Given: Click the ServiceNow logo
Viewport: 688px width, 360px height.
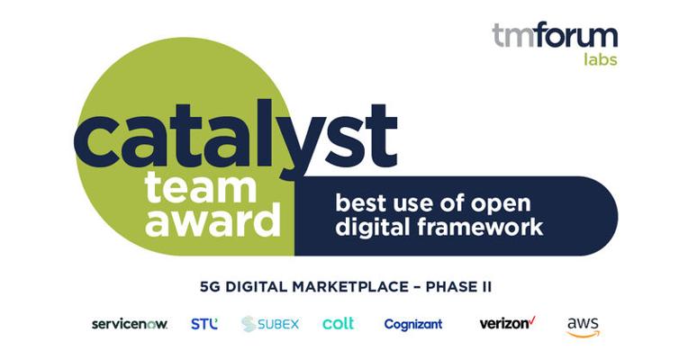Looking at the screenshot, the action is [x=130, y=324].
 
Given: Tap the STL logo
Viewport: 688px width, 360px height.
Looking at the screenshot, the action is [x=204, y=324].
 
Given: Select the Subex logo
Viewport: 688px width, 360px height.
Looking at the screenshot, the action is [x=270, y=324].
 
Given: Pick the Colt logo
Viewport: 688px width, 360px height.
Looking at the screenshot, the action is [x=338, y=324].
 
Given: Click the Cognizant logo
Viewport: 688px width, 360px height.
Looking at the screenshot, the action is [x=413, y=325].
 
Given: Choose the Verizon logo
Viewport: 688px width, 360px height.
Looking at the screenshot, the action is [x=508, y=323].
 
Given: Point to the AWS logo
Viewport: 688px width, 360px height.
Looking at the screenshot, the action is [x=584, y=327].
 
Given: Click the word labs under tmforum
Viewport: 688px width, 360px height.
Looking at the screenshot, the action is [x=601, y=58].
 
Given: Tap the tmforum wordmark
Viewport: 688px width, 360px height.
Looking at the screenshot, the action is [x=555, y=34].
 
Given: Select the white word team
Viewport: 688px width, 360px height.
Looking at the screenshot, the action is [x=200, y=188].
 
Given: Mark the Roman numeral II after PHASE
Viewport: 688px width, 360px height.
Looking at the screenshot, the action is [x=485, y=287].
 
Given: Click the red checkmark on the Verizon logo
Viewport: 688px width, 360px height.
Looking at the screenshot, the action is [x=532, y=319].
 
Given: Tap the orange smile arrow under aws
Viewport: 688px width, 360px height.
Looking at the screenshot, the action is [x=584, y=335].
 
